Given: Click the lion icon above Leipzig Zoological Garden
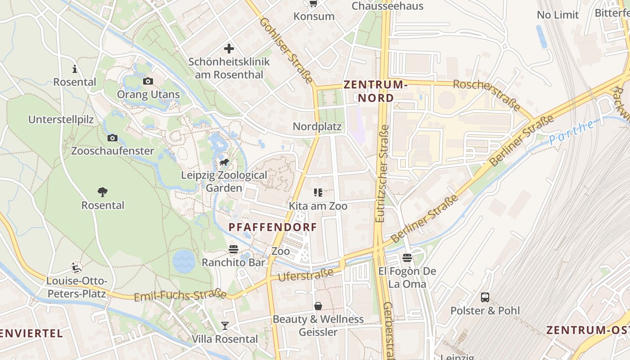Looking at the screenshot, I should click(x=224, y=162).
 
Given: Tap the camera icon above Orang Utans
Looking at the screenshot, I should click(x=148, y=81).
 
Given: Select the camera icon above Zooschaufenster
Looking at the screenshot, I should click(x=112, y=138).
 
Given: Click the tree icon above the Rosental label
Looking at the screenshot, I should click(x=103, y=192).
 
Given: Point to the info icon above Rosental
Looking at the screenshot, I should click(x=75, y=69).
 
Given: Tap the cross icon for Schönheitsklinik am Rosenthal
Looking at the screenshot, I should click(x=229, y=49).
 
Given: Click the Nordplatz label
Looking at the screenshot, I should click(x=317, y=126).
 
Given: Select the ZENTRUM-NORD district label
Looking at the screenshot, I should click(x=375, y=91).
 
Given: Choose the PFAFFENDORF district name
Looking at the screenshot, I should click(x=273, y=227).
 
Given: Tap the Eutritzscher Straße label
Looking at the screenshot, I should click(x=382, y=173).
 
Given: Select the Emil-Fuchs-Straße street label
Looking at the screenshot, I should click(x=180, y=295).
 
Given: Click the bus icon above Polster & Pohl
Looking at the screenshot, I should click(x=485, y=297).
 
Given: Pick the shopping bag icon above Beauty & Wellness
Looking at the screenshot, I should click(x=318, y=306).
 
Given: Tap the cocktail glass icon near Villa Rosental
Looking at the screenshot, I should click(x=225, y=325).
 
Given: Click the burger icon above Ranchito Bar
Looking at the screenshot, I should click(x=233, y=249).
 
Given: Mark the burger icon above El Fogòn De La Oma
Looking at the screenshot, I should click(x=407, y=258).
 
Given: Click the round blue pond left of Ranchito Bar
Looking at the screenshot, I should click(x=184, y=261).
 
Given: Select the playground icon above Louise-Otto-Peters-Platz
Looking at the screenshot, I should click(x=76, y=268).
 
